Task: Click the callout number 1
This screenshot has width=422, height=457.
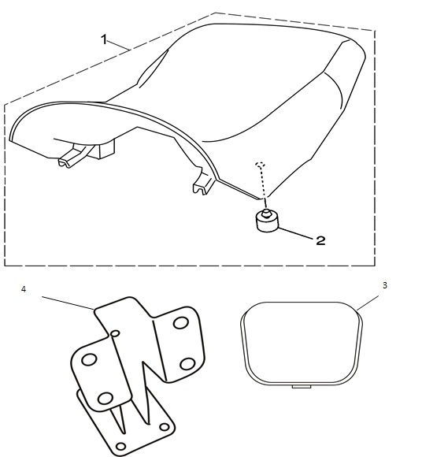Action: tap(104, 39)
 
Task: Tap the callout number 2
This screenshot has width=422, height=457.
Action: tap(320, 241)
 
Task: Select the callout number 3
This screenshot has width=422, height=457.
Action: tap(385, 285)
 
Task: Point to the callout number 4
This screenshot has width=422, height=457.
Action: tap(24, 289)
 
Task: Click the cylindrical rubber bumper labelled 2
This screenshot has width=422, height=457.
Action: tap(267, 221)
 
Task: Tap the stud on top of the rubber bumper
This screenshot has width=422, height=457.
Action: tap(265, 213)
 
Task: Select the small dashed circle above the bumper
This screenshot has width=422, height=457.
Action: tap(261, 165)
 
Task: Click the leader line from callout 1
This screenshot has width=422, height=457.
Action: tap(119, 45)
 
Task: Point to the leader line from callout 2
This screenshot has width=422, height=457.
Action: tap(295, 232)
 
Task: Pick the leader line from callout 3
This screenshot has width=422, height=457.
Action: tap(368, 303)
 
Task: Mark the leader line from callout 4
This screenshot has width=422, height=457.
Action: tap(68, 303)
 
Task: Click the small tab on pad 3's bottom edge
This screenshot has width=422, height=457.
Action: tap(301, 386)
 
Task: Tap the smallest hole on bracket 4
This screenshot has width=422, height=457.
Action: tap(115, 333)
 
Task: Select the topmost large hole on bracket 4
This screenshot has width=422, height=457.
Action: tap(180, 323)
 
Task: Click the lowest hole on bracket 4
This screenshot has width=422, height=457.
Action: tap(121, 446)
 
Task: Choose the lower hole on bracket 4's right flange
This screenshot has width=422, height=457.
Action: tap(187, 364)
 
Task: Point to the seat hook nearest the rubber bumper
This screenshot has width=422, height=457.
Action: tap(203, 183)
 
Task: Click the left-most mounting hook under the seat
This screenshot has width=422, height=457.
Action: tap(72, 157)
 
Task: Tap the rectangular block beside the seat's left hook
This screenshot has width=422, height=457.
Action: tap(106, 149)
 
